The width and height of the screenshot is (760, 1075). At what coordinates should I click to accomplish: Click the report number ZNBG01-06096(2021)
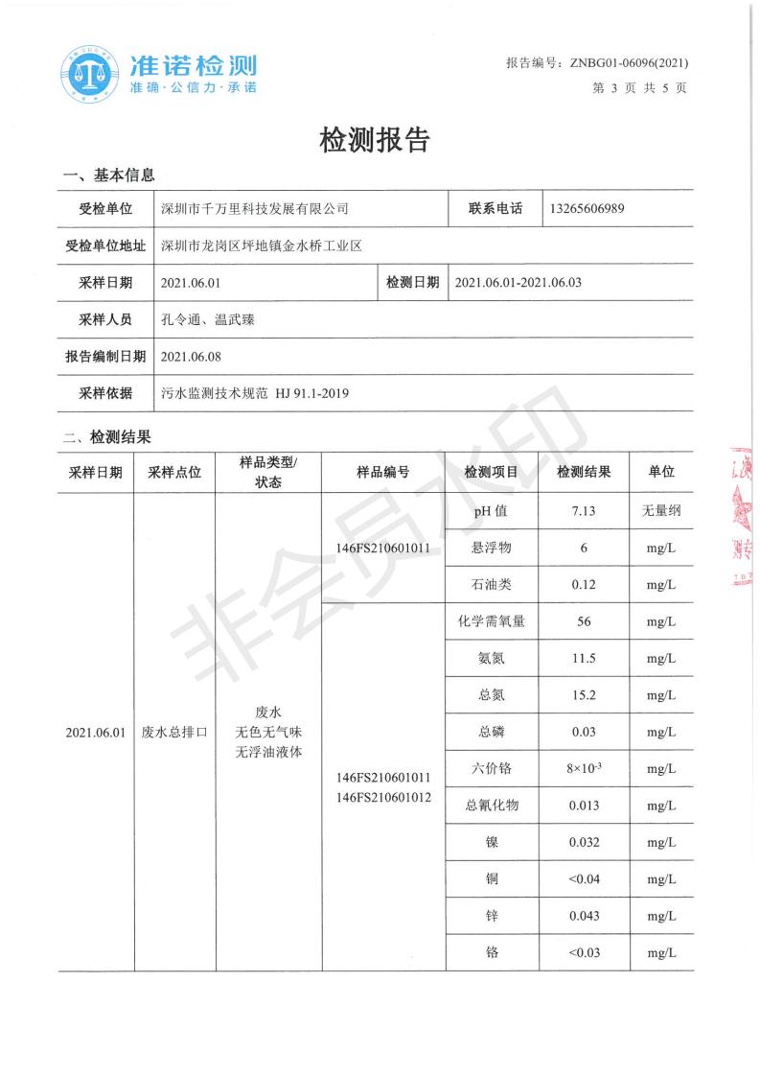pos(629,63)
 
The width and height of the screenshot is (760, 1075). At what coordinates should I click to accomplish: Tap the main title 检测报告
pos(375,141)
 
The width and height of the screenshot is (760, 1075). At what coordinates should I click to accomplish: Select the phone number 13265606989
pos(588,208)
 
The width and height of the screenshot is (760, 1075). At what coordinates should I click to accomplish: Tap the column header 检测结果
pos(584,472)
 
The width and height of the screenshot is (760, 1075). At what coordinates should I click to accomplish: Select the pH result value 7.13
pos(583,511)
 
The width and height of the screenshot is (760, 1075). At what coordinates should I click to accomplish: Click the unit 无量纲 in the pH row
pos(661,511)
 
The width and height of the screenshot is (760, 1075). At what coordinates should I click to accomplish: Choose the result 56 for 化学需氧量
pos(583,621)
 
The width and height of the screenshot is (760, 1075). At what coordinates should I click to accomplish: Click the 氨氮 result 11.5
pos(583,659)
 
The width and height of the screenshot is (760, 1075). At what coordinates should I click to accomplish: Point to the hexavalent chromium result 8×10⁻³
pos(584,768)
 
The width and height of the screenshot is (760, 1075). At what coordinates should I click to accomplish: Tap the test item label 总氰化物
pos(492,806)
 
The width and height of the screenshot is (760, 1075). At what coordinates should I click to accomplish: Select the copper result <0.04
pos(584,879)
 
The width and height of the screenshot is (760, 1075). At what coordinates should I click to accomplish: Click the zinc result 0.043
pos(584,916)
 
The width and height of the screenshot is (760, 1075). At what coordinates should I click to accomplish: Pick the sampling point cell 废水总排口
pos(174,732)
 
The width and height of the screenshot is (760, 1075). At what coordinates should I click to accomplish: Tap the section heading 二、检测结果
pos(107,437)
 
